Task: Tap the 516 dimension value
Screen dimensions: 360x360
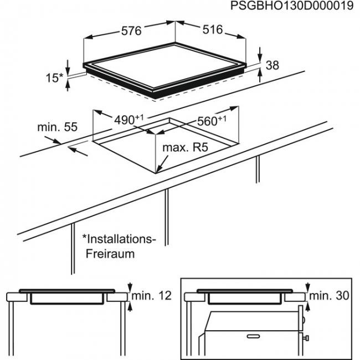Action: pyautogui.click(x=212, y=30)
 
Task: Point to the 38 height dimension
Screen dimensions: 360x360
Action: pyautogui.click(x=272, y=65)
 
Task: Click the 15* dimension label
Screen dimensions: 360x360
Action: pyautogui.click(x=54, y=78)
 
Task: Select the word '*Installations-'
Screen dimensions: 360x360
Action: pyautogui.click(x=120, y=239)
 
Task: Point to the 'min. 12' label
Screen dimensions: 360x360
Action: pyautogui.click(x=151, y=295)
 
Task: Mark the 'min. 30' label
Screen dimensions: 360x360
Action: pyautogui.click(x=330, y=296)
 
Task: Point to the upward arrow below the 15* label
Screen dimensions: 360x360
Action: pyautogui.click(x=68, y=84)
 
